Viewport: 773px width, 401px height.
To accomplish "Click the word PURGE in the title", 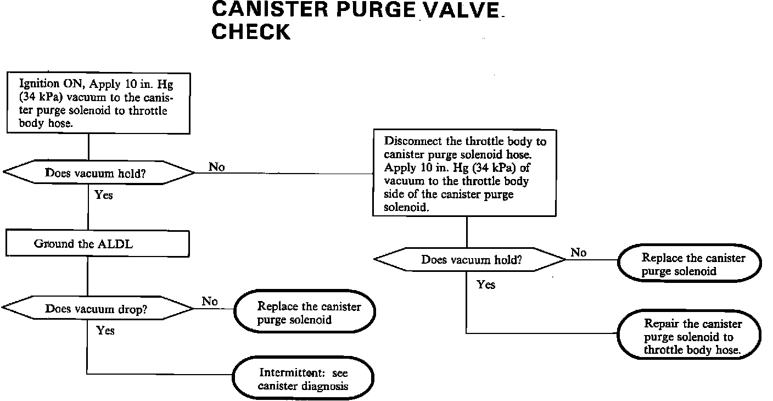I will (x=378, y=10).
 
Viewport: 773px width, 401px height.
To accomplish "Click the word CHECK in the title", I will (x=250, y=32).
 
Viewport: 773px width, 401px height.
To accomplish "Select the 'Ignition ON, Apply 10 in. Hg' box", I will (x=98, y=103).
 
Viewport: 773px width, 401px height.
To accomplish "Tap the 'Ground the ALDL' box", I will (x=98, y=244).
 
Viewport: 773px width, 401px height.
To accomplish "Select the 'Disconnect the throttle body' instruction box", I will (x=466, y=174).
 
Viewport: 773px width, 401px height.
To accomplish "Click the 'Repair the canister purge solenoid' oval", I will (x=690, y=336).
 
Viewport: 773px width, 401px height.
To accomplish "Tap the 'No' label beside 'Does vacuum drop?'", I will (x=209, y=301).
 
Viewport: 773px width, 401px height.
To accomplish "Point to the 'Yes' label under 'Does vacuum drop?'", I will (x=105, y=330).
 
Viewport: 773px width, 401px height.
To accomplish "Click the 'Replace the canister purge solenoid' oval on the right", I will (x=690, y=264).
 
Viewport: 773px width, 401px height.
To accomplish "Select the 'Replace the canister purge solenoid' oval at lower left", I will (x=305, y=313).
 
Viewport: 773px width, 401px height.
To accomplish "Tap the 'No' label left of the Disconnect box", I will (x=217, y=166).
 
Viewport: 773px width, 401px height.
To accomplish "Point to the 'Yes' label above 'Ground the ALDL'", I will (x=103, y=194).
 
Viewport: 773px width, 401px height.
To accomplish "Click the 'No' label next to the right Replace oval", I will (x=578, y=252).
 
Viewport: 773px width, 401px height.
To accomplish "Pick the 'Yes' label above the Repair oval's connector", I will (x=486, y=285).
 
